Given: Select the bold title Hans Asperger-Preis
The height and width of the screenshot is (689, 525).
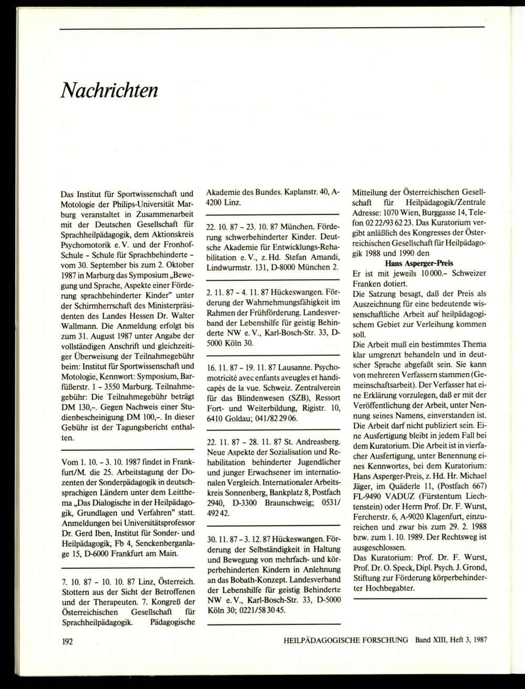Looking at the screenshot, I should pyautogui.click(x=419, y=263).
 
